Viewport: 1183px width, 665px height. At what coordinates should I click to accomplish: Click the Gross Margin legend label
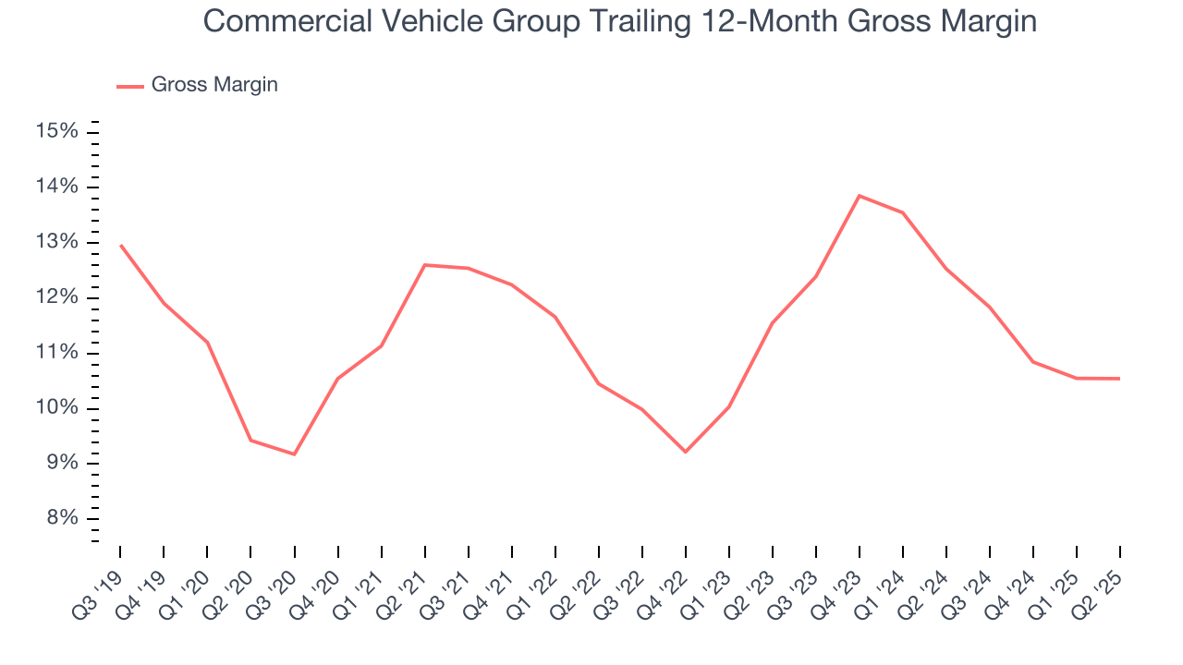coord(214,85)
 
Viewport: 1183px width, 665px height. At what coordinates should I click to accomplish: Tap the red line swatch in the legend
coord(130,86)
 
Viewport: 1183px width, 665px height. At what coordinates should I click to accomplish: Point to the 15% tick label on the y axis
coord(56,131)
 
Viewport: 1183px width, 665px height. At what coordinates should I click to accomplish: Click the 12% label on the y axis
coord(56,297)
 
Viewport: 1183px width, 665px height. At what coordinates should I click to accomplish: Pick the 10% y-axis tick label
coord(56,408)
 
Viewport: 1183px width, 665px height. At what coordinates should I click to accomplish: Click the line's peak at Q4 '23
coord(860,196)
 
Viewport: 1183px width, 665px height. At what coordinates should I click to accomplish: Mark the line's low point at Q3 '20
coord(294,454)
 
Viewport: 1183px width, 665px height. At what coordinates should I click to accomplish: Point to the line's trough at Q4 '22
coord(685,452)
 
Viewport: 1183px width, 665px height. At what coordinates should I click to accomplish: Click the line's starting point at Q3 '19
coord(120,245)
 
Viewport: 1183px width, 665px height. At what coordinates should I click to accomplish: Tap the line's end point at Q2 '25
coord(1119,379)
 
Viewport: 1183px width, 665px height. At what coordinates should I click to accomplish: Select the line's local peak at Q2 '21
coord(424,265)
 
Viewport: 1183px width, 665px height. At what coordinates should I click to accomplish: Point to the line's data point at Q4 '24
coord(1032,362)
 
